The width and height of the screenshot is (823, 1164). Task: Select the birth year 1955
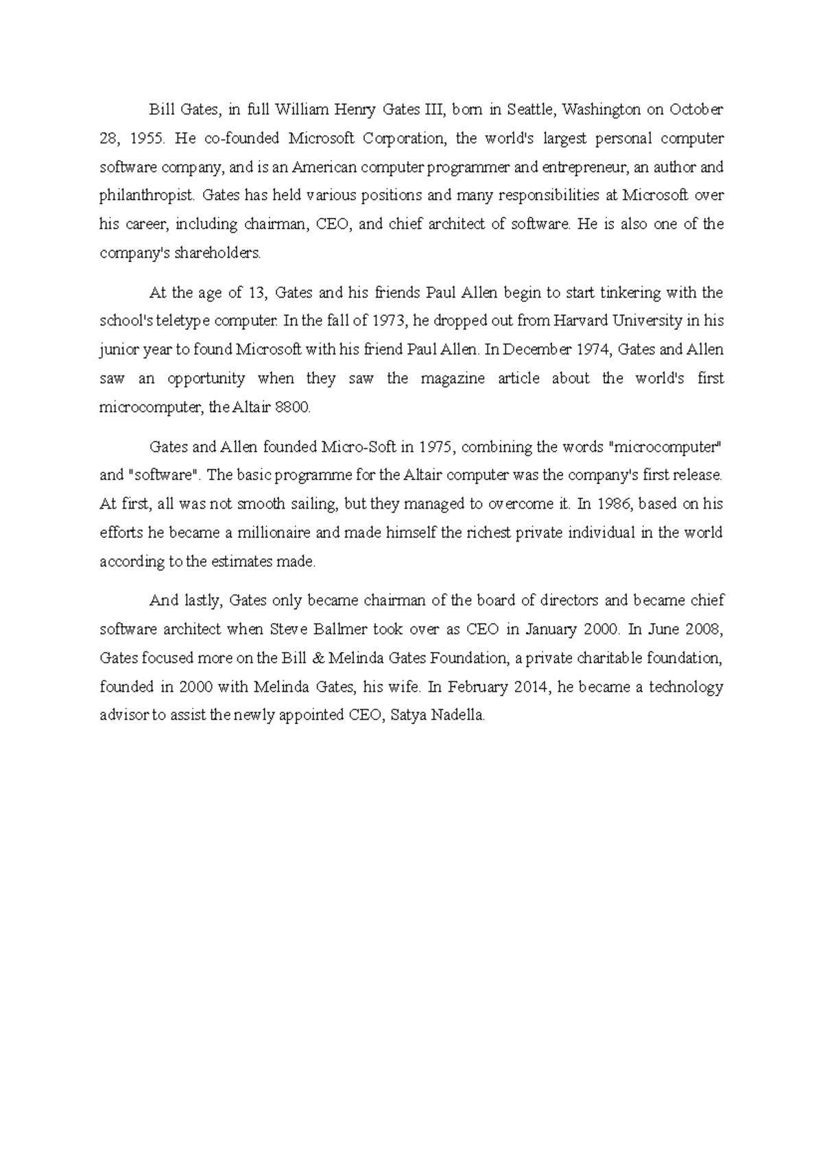(x=147, y=138)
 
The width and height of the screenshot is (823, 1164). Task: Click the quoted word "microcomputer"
(x=665, y=447)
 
